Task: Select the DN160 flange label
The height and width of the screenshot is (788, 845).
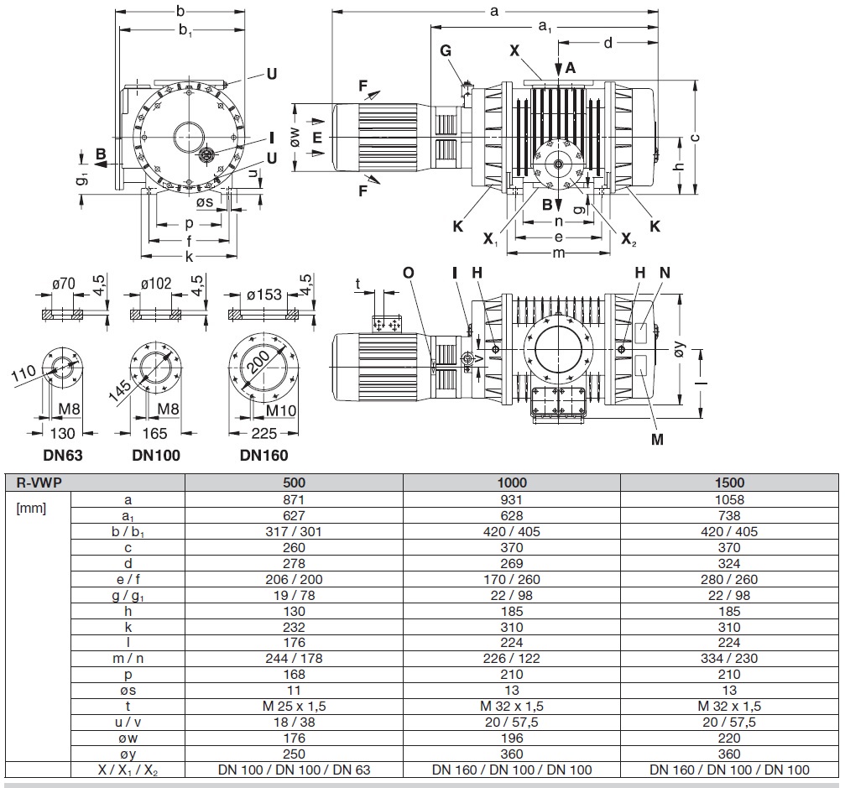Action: click(263, 456)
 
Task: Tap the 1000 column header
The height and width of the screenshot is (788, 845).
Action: click(512, 483)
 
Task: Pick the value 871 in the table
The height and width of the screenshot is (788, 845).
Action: click(295, 498)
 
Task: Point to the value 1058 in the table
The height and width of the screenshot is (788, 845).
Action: click(729, 498)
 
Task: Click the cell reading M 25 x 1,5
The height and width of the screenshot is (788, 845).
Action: click(295, 707)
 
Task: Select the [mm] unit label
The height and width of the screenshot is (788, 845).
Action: click(32, 509)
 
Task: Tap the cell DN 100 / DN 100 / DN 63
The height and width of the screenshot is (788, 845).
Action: click(295, 770)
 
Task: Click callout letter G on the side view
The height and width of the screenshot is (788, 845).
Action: click(446, 50)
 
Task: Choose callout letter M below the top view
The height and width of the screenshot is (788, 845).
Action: click(657, 439)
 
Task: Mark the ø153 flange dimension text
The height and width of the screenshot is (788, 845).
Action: click(265, 295)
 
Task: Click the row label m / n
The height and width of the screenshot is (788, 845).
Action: click(127, 658)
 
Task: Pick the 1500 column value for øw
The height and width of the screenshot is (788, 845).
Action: click(729, 738)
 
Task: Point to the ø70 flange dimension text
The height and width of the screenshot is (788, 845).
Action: click(65, 284)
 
